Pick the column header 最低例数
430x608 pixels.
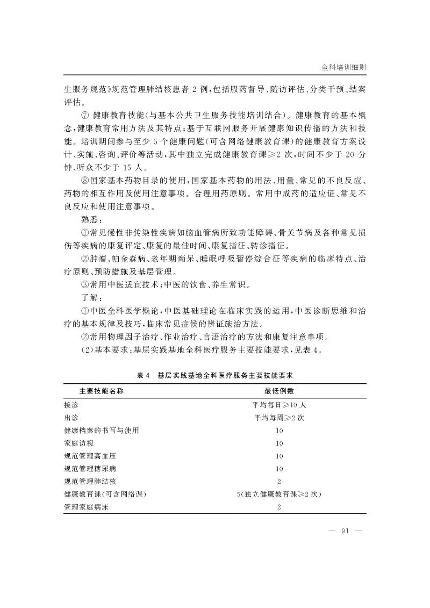(278, 391)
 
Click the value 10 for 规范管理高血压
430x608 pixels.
(278, 456)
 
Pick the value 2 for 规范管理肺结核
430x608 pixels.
(278, 482)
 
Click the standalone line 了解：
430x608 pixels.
(90, 297)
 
